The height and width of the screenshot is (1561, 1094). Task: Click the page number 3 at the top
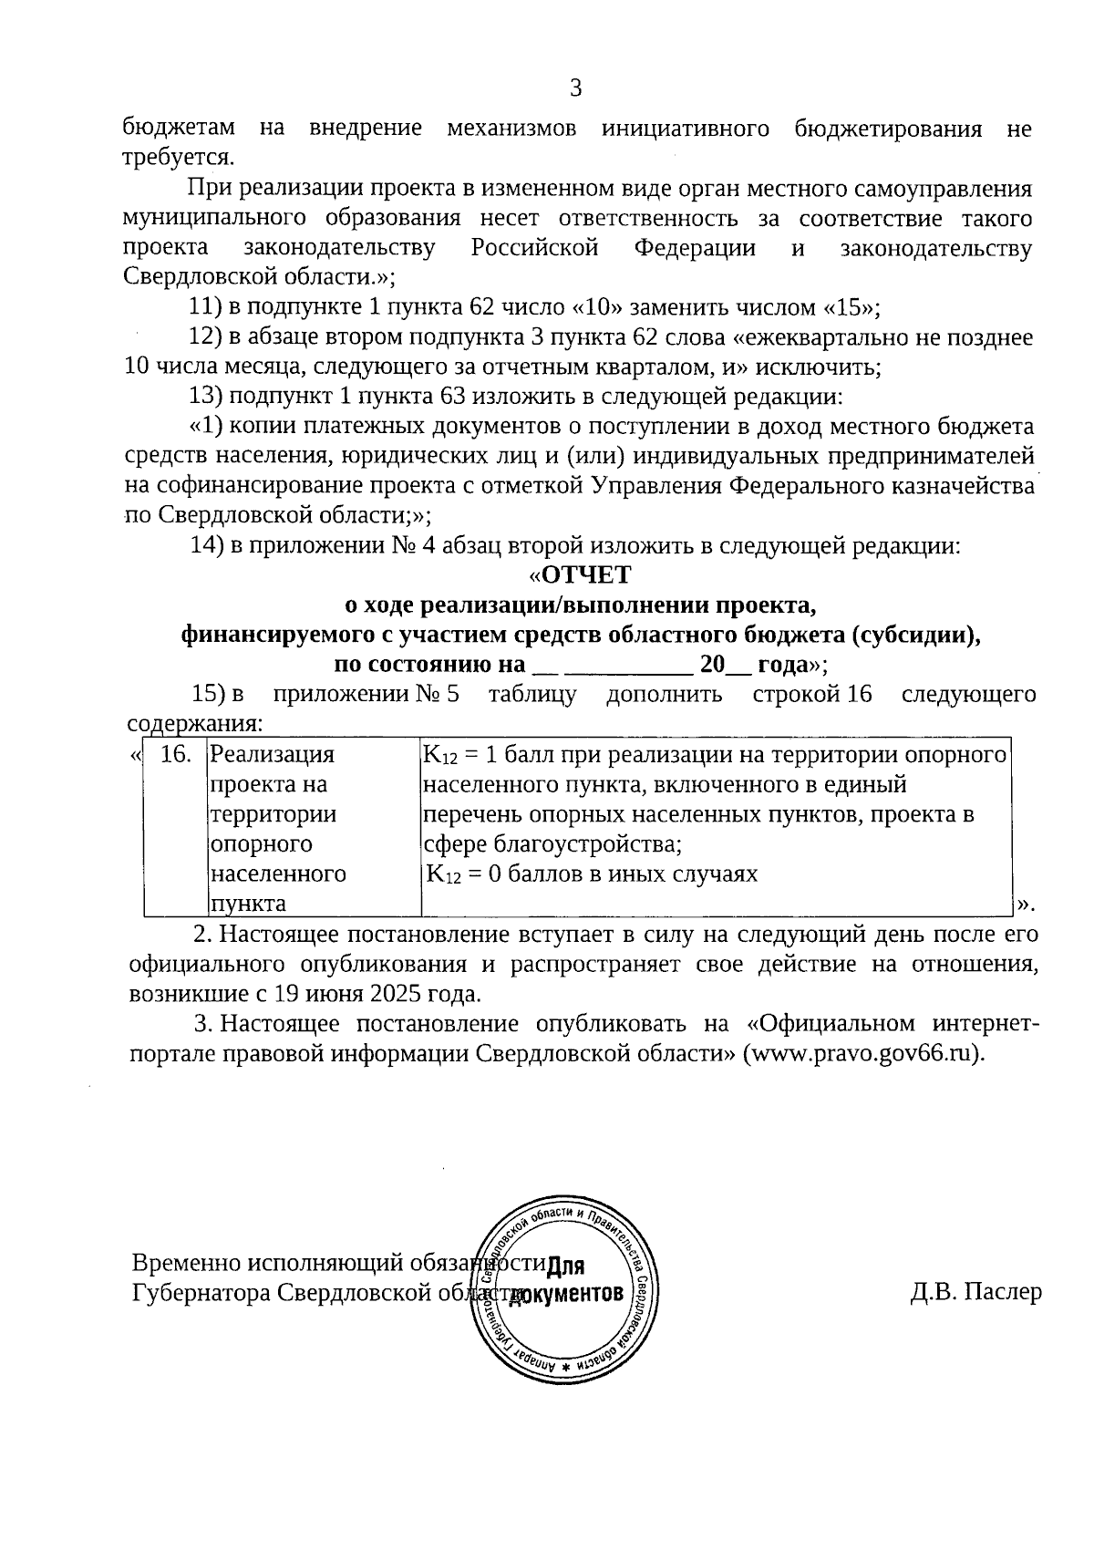click(x=575, y=88)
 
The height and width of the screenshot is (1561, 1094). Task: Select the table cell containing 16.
click(x=175, y=755)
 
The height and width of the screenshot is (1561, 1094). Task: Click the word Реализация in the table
click(x=272, y=755)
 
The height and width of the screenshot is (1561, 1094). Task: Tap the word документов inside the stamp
click(x=567, y=1295)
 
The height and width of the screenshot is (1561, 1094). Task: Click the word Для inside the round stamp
click(x=567, y=1267)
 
